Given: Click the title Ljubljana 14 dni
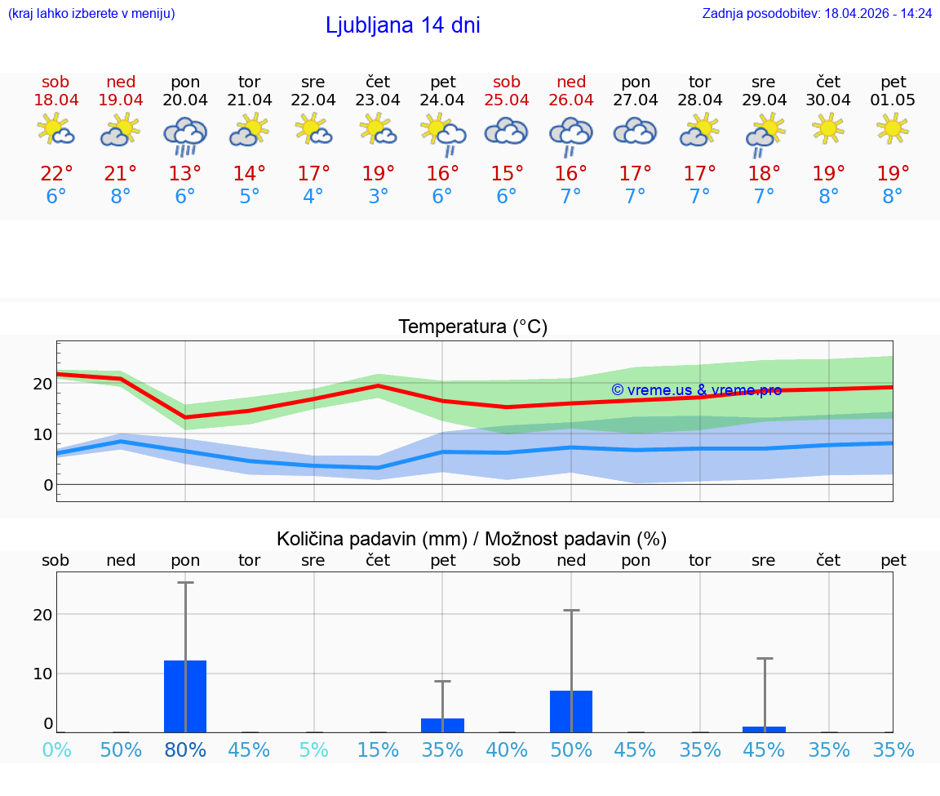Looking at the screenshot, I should click(x=402, y=25).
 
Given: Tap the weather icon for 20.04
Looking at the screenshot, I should click(x=185, y=134).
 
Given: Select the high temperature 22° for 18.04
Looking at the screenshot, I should click(x=56, y=173).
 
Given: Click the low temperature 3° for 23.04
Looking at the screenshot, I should click(x=378, y=197).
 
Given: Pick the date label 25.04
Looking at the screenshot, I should click(x=507, y=100).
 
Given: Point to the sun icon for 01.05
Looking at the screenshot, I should click(x=893, y=128).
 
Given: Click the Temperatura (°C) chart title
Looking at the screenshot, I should click(x=472, y=327).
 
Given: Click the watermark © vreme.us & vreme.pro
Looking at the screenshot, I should click(x=696, y=390).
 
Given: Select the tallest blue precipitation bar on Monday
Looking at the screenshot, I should click(x=185, y=696).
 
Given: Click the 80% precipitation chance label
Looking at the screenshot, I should click(x=185, y=750).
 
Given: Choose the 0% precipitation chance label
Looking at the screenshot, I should click(x=56, y=750).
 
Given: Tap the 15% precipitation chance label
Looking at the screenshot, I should click(x=378, y=750).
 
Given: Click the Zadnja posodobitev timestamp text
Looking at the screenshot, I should click(x=817, y=14).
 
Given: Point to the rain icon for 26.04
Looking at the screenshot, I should click(x=571, y=134).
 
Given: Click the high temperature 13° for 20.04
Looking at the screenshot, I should click(x=185, y=173).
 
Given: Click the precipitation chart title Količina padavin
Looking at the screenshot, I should click(x=472, y=539).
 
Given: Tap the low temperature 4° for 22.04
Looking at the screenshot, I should click(x=313, y=197).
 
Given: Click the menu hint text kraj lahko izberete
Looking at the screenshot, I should click(x=91, y=14).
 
